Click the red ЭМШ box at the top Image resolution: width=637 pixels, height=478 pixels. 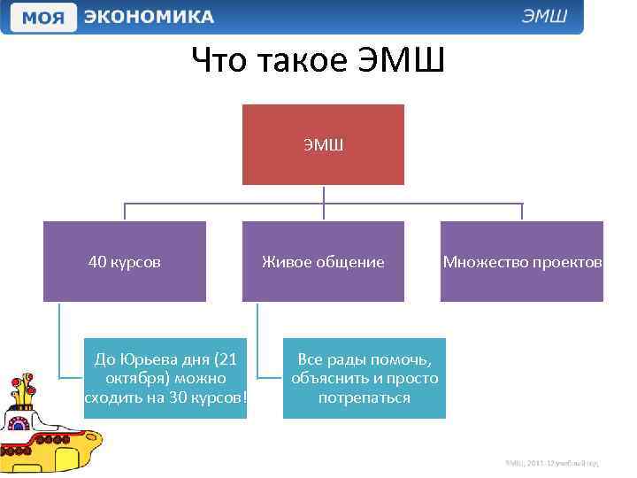coord(323,144)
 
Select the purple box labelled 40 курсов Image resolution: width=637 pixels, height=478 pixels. coord(125,262)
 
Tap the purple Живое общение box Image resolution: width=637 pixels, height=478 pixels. coord(323,262)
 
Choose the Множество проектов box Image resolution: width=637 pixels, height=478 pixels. coord(522,262)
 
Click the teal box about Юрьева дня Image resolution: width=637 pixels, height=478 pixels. coord(165,378)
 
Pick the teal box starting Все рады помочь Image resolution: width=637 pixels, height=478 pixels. coord(365,378)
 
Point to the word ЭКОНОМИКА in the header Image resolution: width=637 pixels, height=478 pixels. coord(149,17)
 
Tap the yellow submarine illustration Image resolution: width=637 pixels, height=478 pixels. coord(46,425)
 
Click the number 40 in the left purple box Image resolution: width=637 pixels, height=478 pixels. coord(96,262)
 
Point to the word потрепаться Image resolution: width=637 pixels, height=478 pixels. coord(365,397)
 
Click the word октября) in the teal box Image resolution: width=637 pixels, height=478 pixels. coord(134,378)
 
